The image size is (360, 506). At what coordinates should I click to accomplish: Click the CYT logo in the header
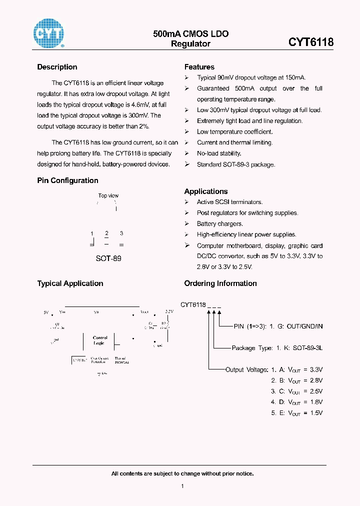48,34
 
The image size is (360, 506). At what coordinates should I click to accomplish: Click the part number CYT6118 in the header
310,42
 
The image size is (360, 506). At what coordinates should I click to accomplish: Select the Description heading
57,67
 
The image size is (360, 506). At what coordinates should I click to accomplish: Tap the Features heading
199,67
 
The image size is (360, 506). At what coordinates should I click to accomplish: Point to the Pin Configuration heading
67,180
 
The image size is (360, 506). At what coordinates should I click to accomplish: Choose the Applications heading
205,191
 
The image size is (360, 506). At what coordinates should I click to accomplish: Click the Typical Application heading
70,283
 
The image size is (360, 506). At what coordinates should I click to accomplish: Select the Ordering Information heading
220,283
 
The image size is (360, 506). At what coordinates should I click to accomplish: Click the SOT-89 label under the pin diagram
108,258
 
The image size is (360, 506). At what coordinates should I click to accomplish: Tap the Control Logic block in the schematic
99,340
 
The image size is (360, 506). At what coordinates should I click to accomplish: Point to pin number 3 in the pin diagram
121,233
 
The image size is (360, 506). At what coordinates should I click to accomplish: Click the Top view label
108,195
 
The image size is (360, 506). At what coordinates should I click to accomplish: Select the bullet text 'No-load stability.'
219,153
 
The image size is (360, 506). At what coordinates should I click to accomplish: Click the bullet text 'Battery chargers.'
219,224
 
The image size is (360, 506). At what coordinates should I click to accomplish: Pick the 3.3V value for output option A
316,369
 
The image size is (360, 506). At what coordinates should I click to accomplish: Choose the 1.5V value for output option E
316,413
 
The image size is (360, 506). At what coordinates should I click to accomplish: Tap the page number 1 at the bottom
182,486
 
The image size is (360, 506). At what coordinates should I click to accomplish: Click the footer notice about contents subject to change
182,473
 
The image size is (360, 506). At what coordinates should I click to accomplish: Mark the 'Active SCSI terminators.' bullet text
229,202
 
